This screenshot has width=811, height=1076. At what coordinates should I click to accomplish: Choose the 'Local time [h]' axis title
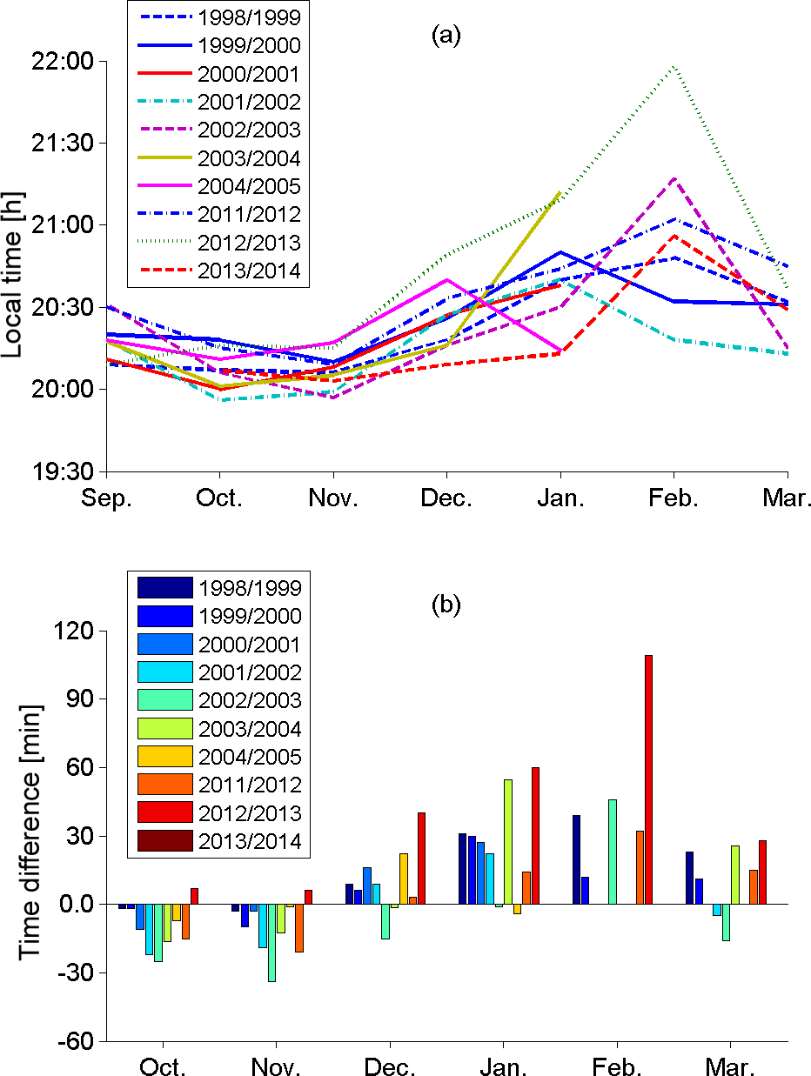(x=16, y=265)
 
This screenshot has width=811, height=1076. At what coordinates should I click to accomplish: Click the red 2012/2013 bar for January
(x=535, y=836)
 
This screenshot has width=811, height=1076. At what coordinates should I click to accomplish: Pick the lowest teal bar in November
(x=271, y=943)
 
